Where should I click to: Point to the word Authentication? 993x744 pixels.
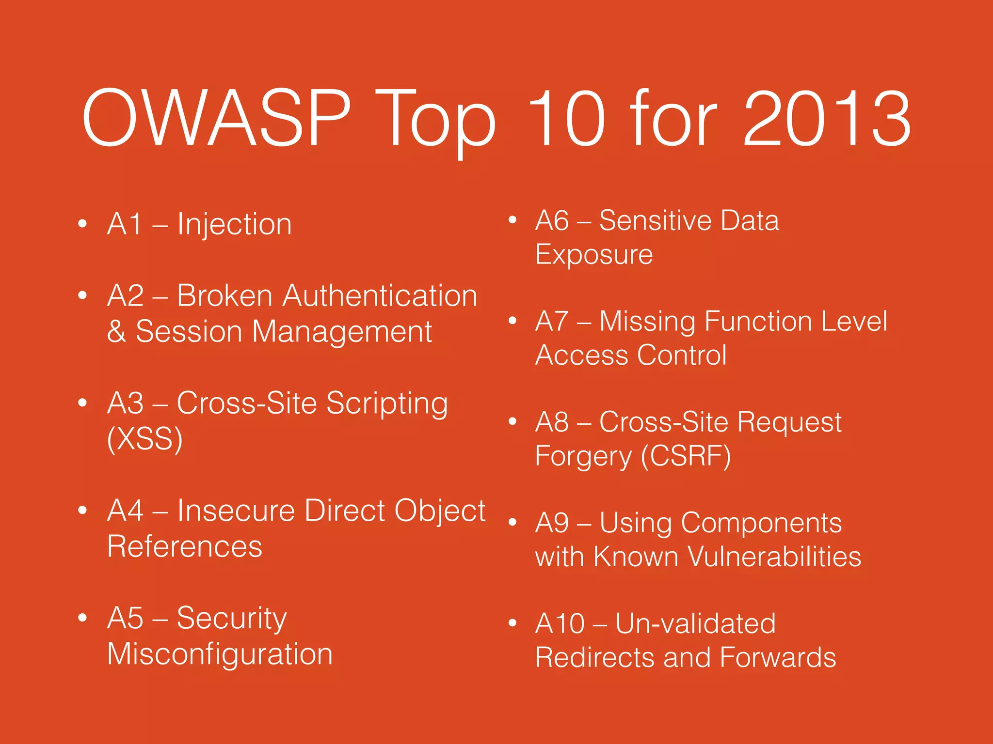click(380, 295)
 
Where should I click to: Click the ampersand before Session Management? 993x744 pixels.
click(116, 332)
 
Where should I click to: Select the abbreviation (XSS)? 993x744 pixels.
click(144, 439)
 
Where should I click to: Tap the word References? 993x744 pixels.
click(185, 546)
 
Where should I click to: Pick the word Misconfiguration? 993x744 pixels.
click(220, 654)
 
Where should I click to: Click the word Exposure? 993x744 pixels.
click(594, 255)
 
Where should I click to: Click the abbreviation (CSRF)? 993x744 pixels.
click(686, 456)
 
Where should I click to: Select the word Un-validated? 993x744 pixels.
click(695, 623)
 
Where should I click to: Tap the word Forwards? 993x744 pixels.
click(778, 657)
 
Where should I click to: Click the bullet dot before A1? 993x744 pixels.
click(82, 223)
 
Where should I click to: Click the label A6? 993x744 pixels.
click(552, 221)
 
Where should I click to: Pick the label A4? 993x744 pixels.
click(125, 511)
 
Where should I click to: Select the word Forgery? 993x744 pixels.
click(583, 457)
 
